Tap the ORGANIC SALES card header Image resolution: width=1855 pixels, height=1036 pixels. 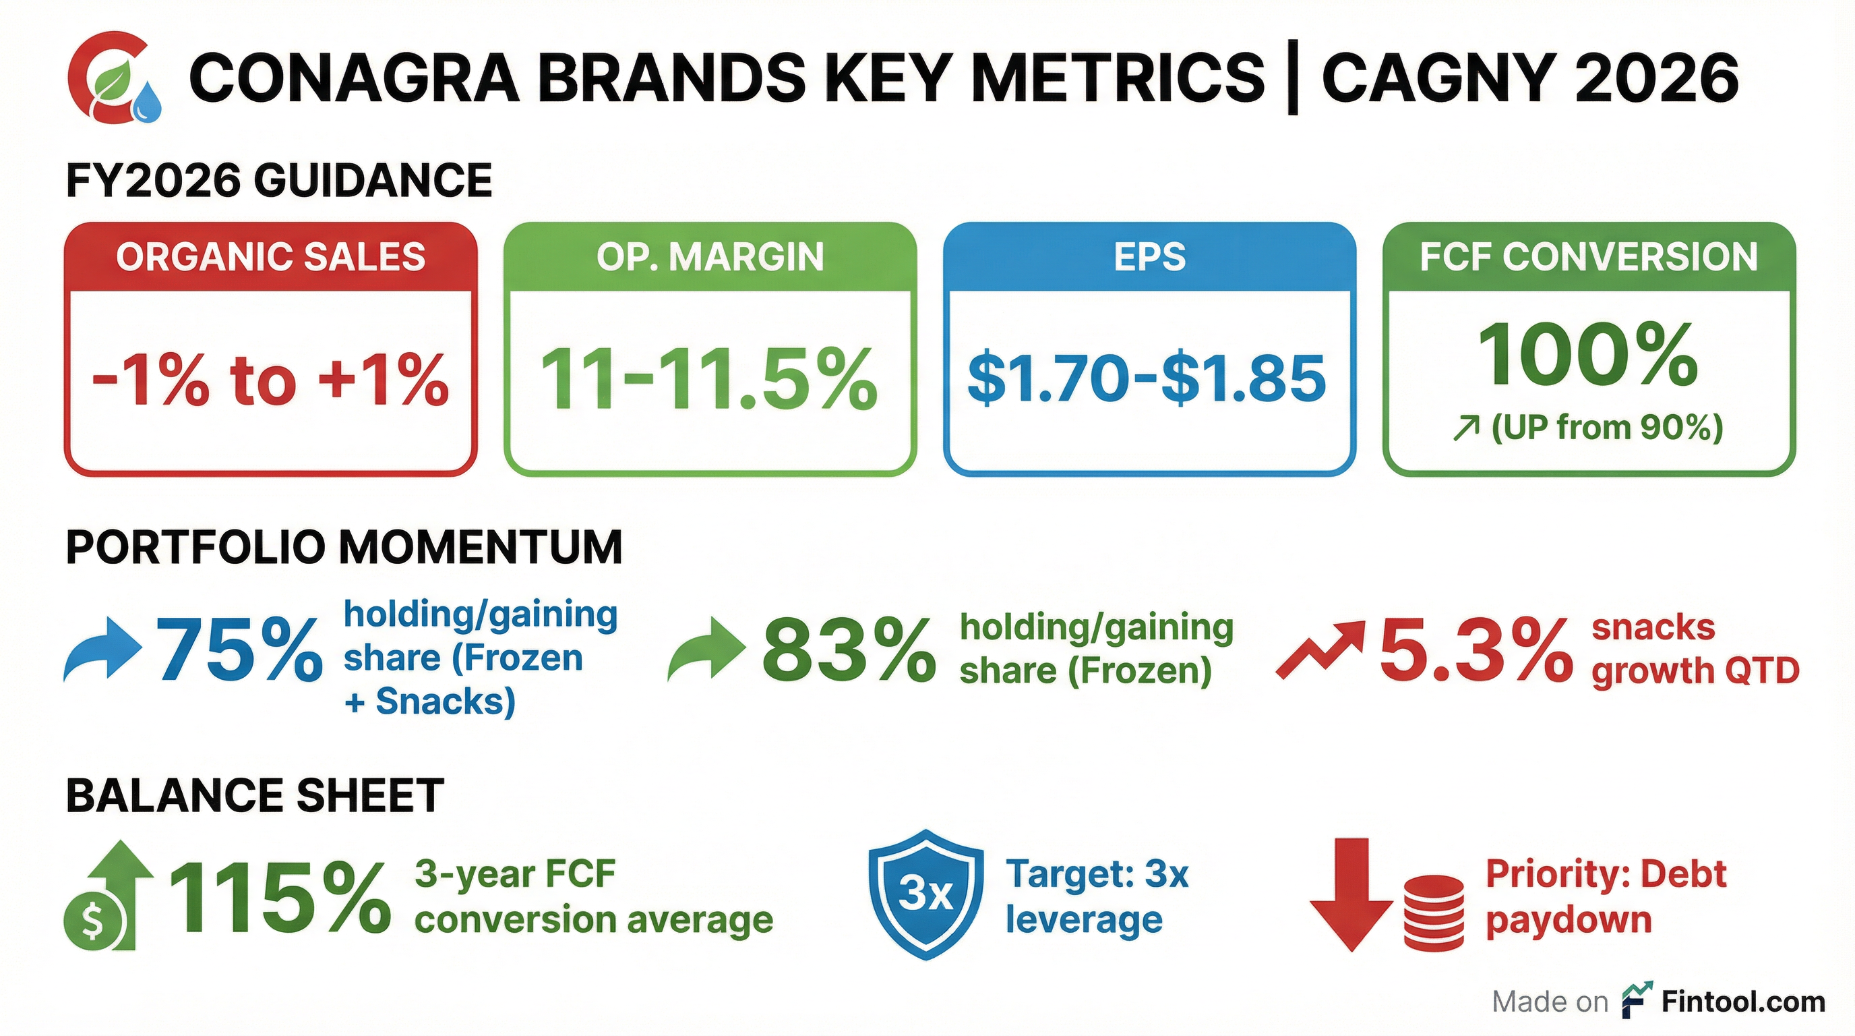coord(271,257)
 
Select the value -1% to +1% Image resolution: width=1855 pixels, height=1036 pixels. coord(271,380)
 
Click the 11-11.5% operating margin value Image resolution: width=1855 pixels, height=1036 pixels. coord(709,380)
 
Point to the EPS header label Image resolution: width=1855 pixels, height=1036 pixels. coord(1149,257)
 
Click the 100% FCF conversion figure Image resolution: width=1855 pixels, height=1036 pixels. coord(1588,355)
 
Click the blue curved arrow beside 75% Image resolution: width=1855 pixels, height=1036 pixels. coord(101,648)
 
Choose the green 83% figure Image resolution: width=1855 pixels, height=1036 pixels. coord(848,652)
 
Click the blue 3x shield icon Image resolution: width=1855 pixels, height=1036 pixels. coord(925,894)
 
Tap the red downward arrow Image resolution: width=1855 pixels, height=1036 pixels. coord(1351,894)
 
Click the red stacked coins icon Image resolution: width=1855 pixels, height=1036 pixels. coord(1433,912)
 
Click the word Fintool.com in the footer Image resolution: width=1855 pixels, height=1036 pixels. coord(1742,1002)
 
